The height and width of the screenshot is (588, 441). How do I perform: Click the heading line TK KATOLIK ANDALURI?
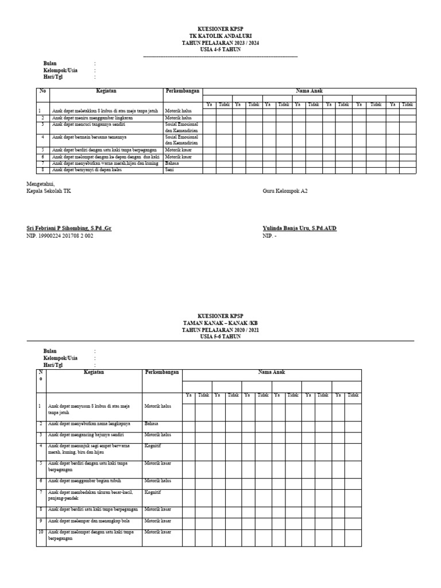point(220,36)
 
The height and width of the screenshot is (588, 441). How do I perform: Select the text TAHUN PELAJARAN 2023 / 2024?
point(220,42)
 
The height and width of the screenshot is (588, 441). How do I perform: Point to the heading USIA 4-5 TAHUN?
point(220,49)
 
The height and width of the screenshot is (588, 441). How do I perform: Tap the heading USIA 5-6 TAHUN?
point(220,336)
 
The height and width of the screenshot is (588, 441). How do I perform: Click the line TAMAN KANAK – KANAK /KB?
point(220,323)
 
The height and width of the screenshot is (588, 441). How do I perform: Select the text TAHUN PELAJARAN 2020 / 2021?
point(220,330)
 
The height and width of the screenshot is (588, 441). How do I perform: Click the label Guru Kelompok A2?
point(285,191)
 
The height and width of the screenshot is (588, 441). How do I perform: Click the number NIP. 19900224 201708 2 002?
point(60,235)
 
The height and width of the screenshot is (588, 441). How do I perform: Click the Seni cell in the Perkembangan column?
point(169,170)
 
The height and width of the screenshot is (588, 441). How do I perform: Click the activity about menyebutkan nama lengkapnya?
point(89,424)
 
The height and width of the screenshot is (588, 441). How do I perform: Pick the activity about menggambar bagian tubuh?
point(84,481)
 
